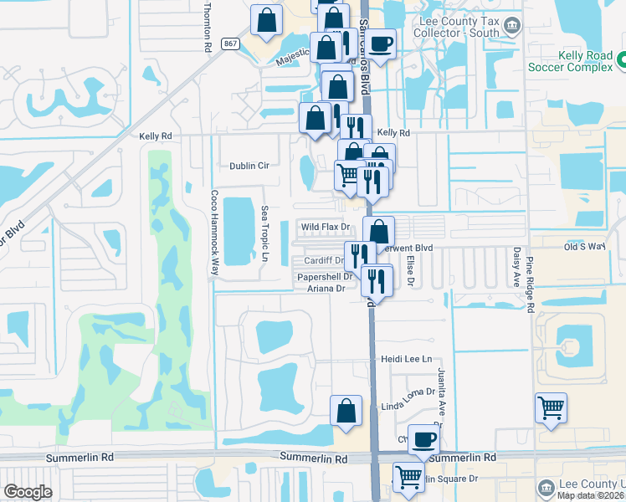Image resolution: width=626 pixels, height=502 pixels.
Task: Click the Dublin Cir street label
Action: (x=250, y=166)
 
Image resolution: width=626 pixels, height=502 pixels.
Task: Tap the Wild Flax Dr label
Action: (x=324, y=227)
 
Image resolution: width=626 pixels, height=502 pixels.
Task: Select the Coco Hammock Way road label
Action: (x=214, y=233)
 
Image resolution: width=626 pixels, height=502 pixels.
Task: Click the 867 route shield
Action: (x=229, y=43)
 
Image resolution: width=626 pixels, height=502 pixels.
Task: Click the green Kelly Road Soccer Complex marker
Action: (x=620, y=60)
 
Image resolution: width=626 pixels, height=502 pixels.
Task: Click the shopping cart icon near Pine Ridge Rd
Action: (x=551, y=409)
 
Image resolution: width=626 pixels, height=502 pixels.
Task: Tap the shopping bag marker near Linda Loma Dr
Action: (x=346, y=412)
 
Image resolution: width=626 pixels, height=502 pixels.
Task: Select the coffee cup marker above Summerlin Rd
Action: (x=423, y=439)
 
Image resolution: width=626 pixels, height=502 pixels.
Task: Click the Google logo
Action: (x=28, y=492)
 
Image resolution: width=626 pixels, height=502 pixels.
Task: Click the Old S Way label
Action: (x=584, y=246)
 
